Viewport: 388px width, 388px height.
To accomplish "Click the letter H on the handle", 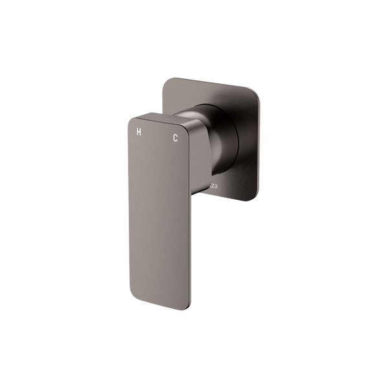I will coord(137,131).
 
